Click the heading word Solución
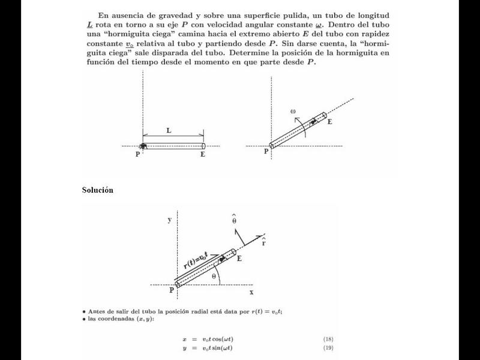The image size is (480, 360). (x=97, y=190)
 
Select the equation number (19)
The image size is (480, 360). (x=328, y=348)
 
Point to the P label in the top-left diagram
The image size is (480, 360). (x=137, y=155)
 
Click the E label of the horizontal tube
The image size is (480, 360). (x=203, y=155)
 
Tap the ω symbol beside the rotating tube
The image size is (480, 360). (x=293, y=111)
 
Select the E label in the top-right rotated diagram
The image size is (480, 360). (x=329, y=122)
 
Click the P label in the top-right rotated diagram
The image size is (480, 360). (x=266, y=152)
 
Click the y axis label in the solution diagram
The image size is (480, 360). (x=170, y=220)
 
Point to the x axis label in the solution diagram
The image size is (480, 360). (x=252, y=292)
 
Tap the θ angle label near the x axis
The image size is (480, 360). (x=214, y=276)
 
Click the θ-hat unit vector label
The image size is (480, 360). (x=234, y=219)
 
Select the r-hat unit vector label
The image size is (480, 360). (x=263, y=243)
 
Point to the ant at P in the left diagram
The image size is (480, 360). (x=143, y=146)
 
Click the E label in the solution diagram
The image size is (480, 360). (x=239, y=259)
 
